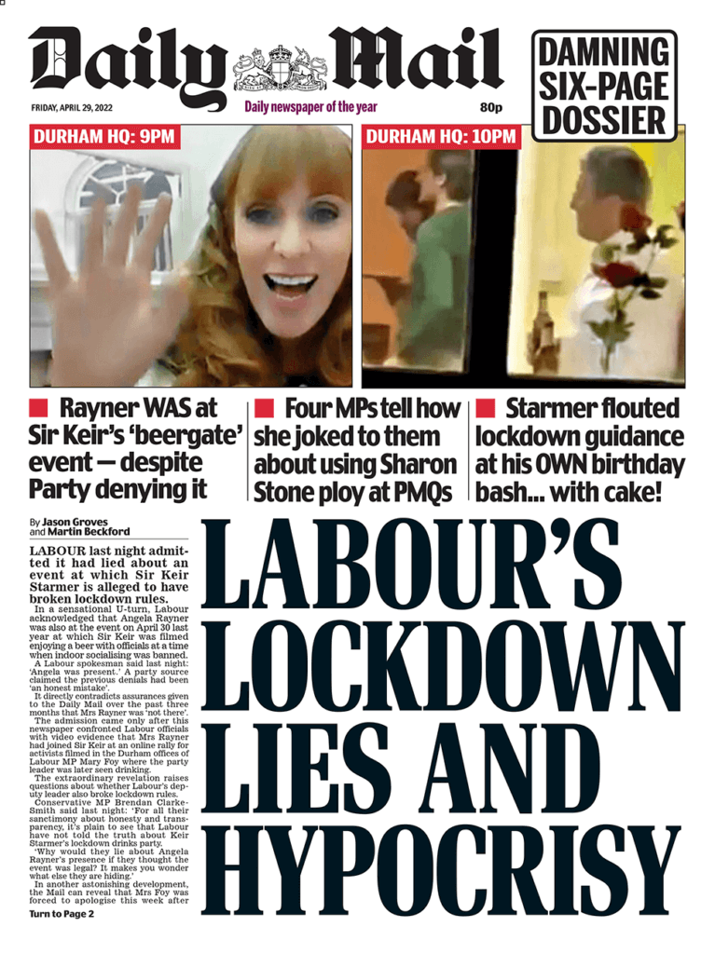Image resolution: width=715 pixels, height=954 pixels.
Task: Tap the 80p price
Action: pos(491,107)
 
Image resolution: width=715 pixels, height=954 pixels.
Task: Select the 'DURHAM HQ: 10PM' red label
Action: pos(441,137)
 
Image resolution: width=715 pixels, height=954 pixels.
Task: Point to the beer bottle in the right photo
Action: pos(541,341)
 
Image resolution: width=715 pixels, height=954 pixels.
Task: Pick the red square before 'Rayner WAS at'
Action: pos(39,408)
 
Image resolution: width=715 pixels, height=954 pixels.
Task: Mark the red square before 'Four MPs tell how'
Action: pos(265,408)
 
